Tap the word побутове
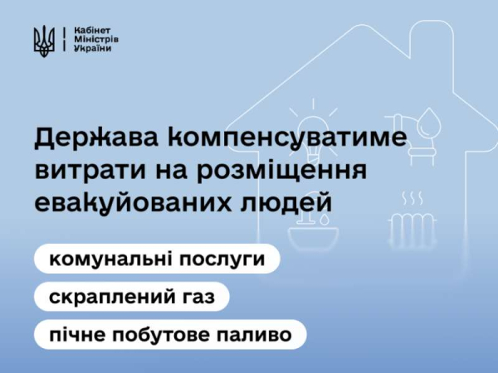click(x=163, y=333)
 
